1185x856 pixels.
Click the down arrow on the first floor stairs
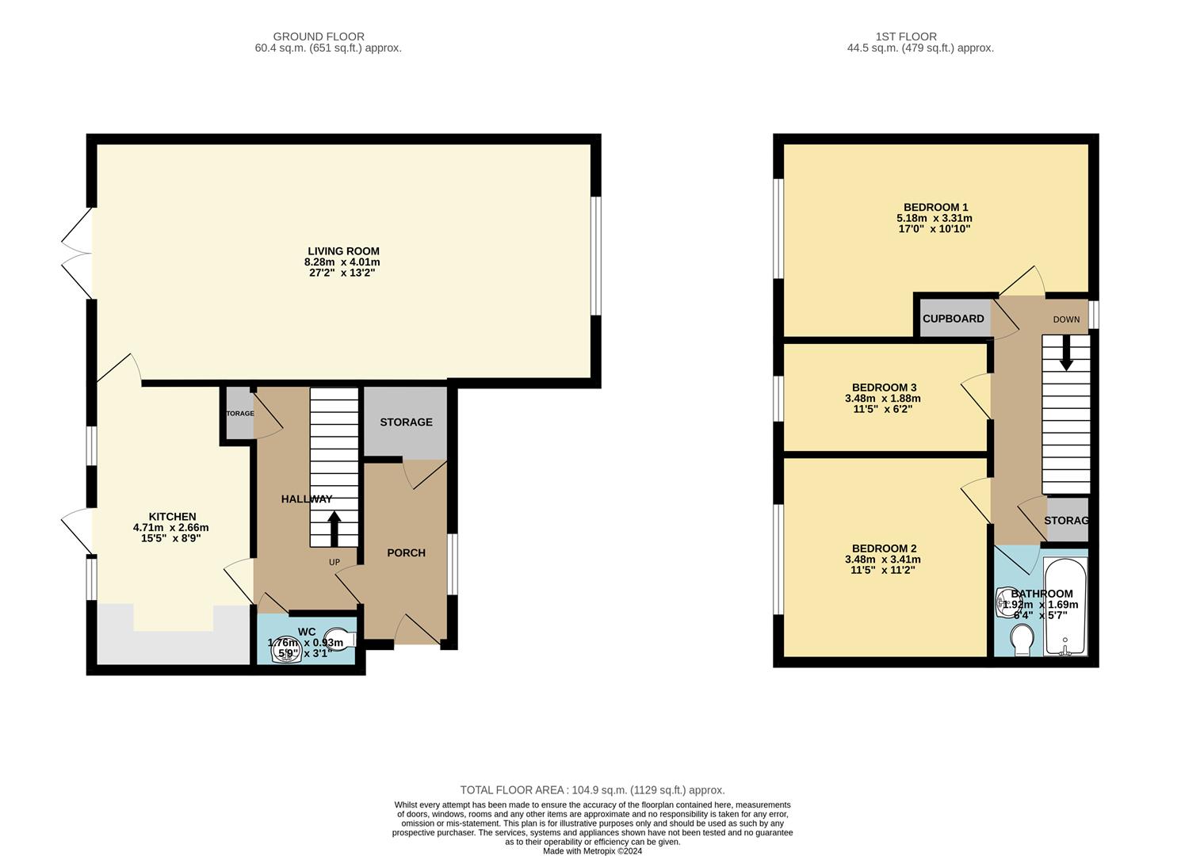(1066, 353)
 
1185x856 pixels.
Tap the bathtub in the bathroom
(1066, 607)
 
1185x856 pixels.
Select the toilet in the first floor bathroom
(1022, 639)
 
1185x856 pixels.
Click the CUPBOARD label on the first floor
(953, 319)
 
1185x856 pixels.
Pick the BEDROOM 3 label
(884, 388)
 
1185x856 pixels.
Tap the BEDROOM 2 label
(884, 548)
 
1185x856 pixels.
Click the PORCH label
(406, 552)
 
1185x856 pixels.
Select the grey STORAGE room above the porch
(406, 422)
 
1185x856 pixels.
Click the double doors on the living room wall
(77, 254)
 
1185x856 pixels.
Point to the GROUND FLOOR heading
(319, 36)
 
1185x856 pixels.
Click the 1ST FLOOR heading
(906, 36)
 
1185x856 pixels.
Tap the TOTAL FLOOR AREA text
(592, 790)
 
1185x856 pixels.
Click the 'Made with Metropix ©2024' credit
(592, 851)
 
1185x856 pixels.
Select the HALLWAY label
(307, 499)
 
